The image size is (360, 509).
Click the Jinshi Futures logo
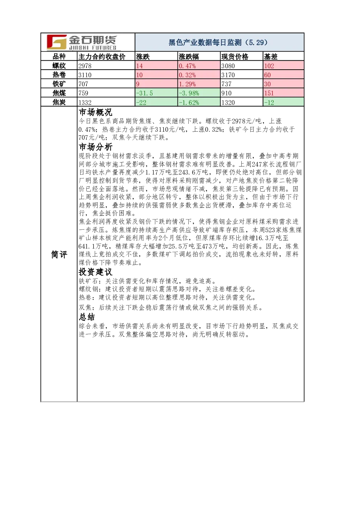82,42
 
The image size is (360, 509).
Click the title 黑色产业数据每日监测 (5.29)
218,42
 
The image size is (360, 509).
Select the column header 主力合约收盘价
102,57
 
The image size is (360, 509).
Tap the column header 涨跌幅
189,57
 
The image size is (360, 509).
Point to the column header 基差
271,57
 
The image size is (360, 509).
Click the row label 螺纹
59,66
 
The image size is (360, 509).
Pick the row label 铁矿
59,84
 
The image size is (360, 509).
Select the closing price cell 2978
85,66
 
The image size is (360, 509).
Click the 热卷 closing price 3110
85,75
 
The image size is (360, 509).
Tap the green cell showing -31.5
144,93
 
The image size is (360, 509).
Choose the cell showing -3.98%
189,93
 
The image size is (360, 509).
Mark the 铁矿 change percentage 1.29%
187,84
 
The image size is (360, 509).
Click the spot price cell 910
226,93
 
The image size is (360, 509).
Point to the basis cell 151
269,93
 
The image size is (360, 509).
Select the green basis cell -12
269,102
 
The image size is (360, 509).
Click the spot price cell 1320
228,102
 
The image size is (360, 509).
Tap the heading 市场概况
95,112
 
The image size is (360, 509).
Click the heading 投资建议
95,272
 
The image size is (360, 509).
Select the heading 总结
87,317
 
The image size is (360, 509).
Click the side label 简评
59,255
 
